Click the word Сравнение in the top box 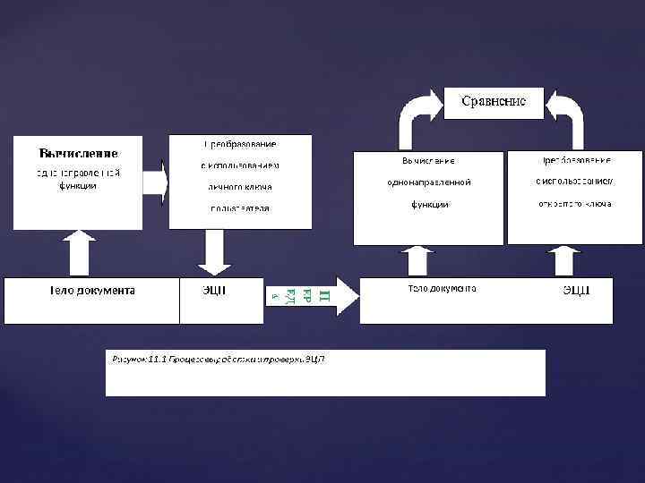point(494,101)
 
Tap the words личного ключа point(240,187)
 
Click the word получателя point(240,208)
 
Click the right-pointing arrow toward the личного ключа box point(155,182)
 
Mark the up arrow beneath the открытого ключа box point(563,261)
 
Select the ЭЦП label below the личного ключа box point(213,291)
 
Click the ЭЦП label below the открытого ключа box point(575,290)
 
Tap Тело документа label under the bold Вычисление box point(91,291)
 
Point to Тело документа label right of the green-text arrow point(442,289)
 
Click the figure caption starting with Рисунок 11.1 point(218,360)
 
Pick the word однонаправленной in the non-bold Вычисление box point(429,182)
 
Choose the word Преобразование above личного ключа point(240,144)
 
